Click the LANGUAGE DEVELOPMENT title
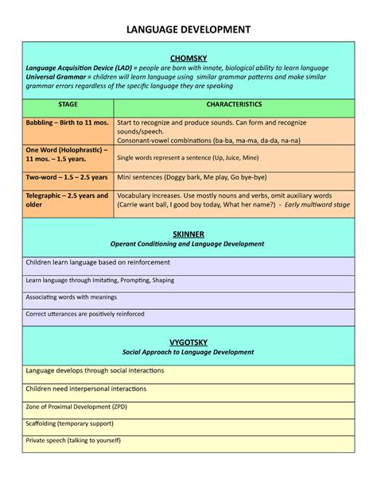(188, 29)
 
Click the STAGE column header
(68, 105)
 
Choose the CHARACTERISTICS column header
(233, 105)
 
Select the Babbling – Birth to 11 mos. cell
(67, 123)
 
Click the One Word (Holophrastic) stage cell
(67, 154)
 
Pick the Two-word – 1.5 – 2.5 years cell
(67, 178)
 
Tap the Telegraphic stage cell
(67, 199)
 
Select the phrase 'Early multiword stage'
(321, 204)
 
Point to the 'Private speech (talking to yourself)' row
(75, 439)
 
